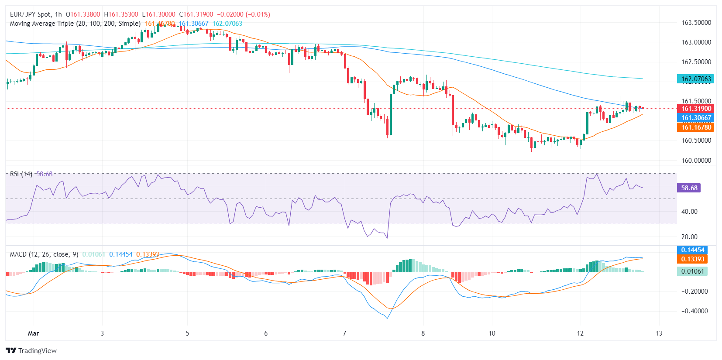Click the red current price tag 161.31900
tap(696, 109)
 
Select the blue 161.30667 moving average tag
tap(696, 118)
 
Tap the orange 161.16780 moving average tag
tap(696, 127)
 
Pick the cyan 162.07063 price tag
tap(696, 79)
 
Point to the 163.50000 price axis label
tap(696, 23)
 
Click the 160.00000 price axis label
tap(696, 161)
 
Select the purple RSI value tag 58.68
tap(689, 188)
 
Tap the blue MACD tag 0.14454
tap(693, 250)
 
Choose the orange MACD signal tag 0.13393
tap(693, 259)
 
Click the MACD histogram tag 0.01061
tap(693, 271)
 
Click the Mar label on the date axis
tap(34, 333)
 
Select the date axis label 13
tap(659, 333)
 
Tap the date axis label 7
tap(344, 333)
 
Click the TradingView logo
tap(31, 351)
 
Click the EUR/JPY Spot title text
tap(30, 14)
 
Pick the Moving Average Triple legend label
tap(75, 24)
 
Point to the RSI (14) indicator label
tap(21, 174)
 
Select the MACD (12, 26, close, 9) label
tap(44, 254)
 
